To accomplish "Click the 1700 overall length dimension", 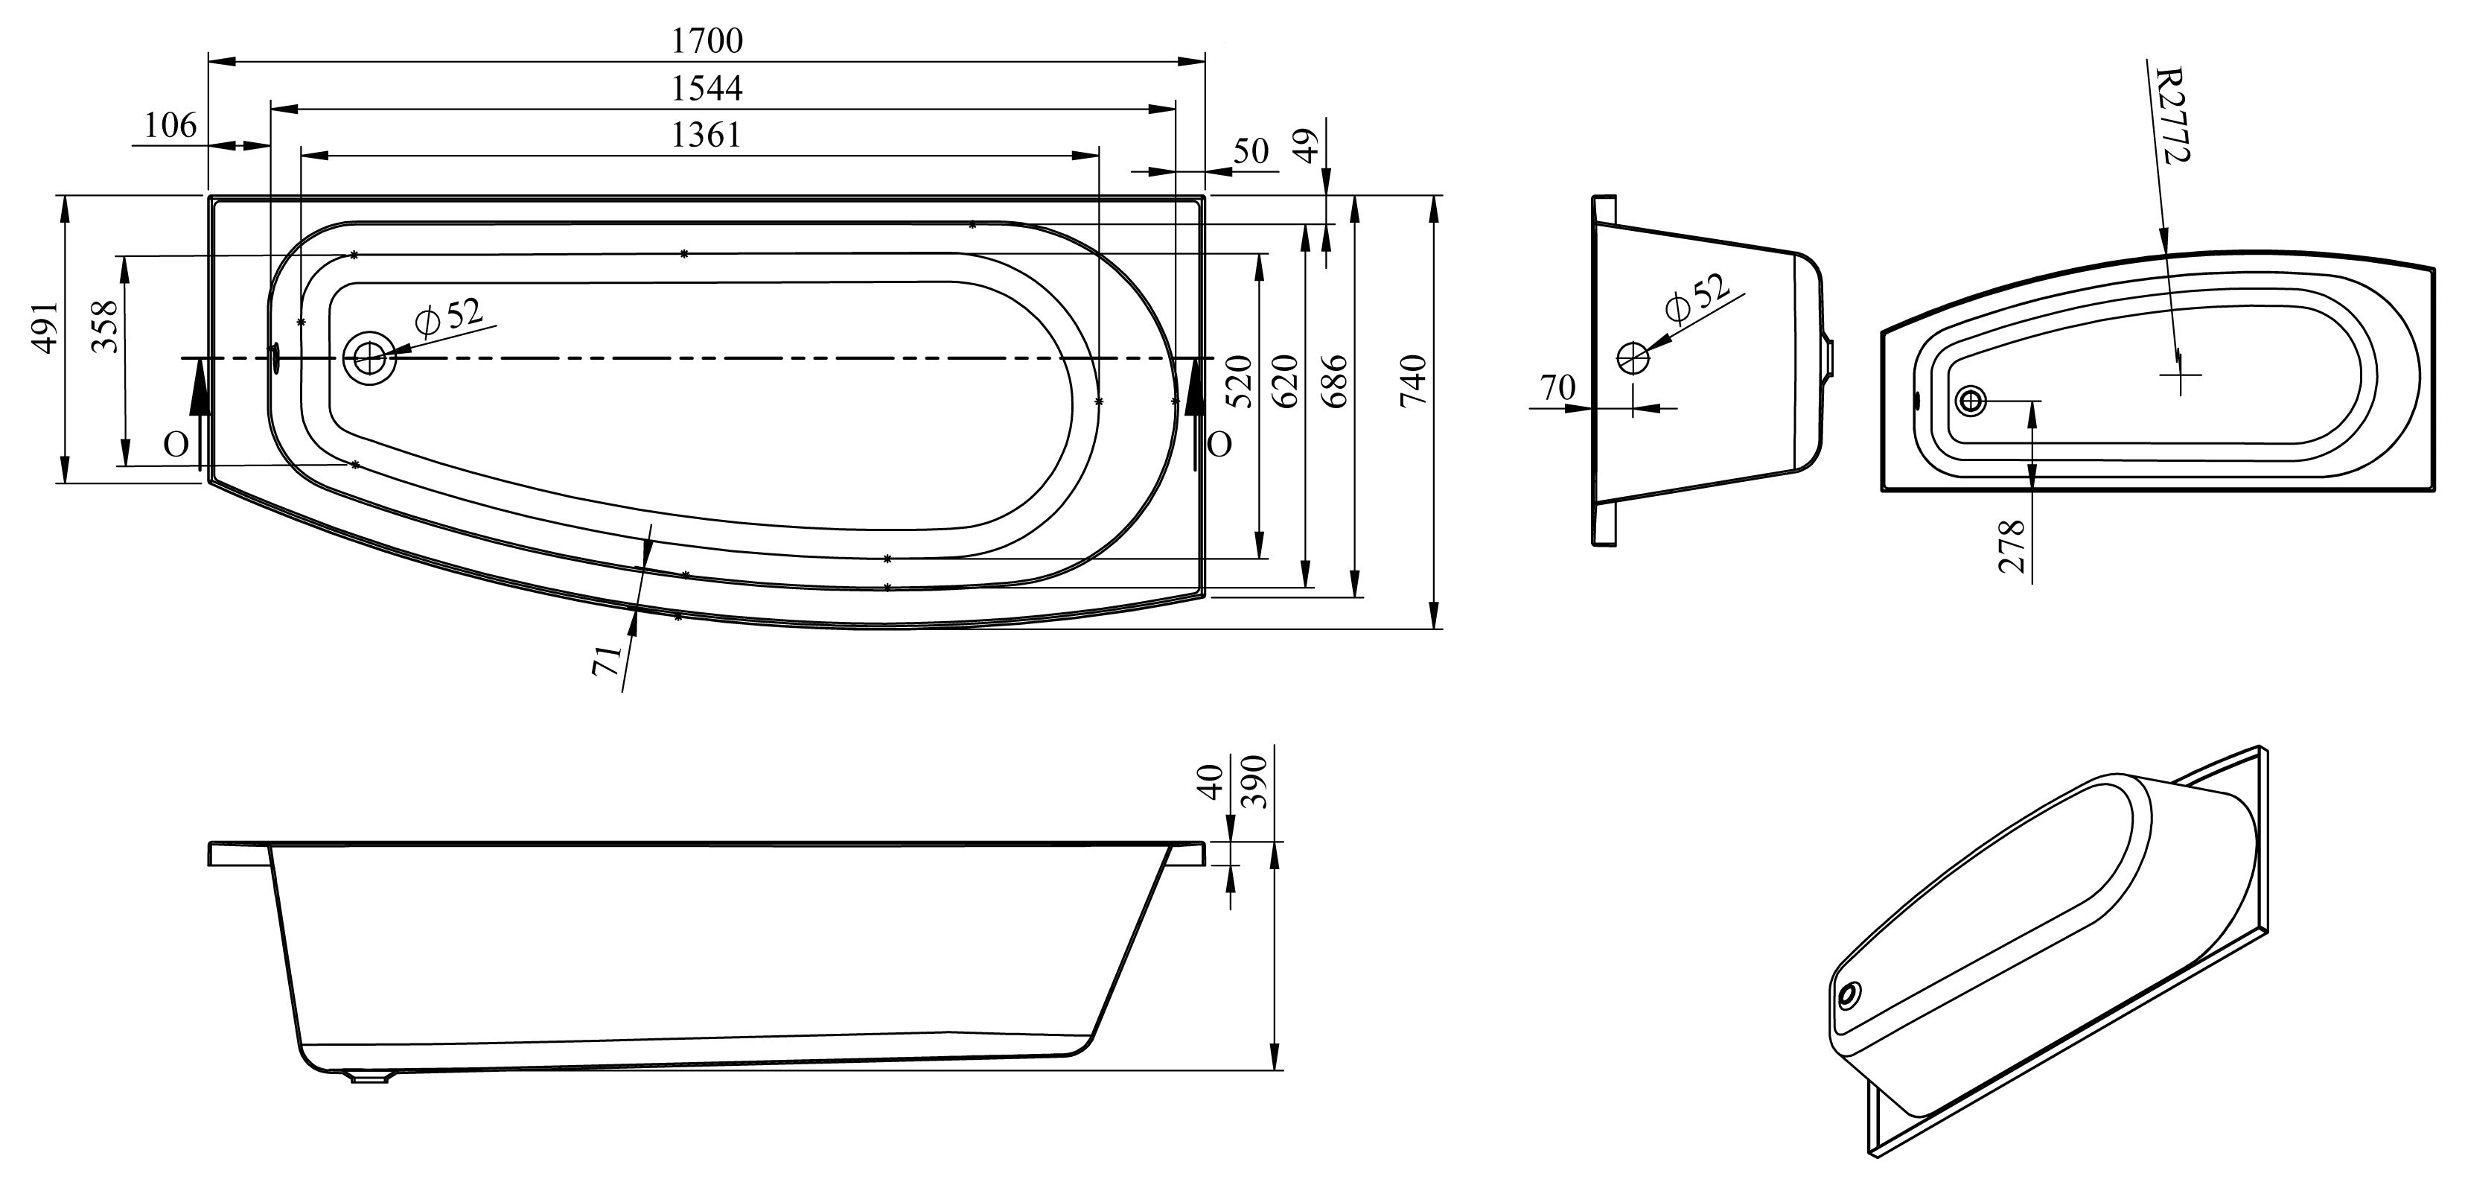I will coord(707,40).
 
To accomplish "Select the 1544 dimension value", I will coord(707,88).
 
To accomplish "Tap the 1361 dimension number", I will coord(707,135).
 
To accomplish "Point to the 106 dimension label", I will coord(170,125).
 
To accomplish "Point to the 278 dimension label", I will coord(2012,547).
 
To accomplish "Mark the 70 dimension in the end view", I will coord(1557,387).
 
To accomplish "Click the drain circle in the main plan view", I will coord(369,359).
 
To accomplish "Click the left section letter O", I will coord(175,444).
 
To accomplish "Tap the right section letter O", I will coord(1219,444).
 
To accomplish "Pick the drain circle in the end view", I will coord(1633,358).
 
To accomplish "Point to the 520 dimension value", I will coord(1240,381).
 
